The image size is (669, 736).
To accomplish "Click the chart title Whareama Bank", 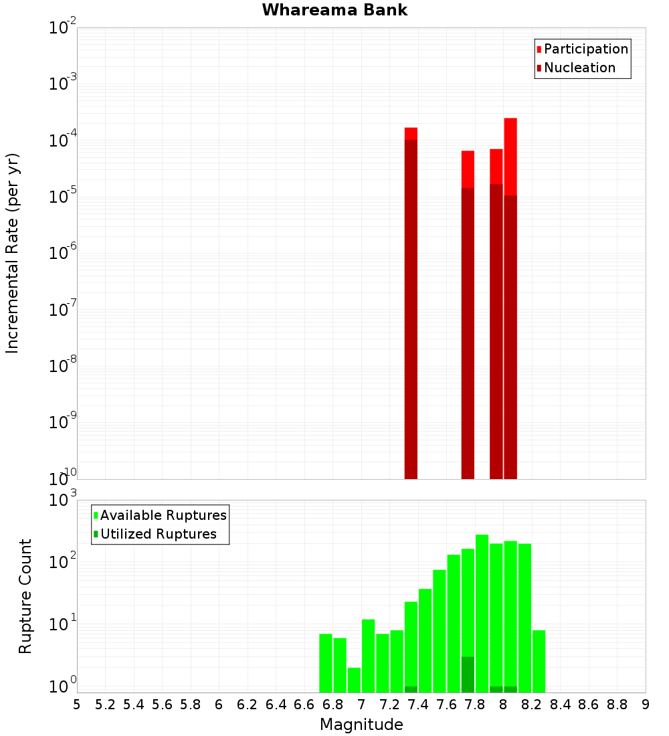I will tap(334, 10).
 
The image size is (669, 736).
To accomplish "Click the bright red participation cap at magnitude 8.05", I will tap(510, 156).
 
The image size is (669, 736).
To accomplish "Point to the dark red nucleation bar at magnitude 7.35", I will tap(411, 308).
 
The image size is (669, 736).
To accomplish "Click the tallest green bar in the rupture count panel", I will tap(482, 612).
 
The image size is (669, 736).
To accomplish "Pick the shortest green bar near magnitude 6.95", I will tap(354, 680).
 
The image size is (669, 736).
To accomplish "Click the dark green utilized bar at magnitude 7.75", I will tap(468, 674).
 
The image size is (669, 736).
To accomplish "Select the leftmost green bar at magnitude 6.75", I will tap(326, 662).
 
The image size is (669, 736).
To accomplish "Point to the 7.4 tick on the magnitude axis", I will tap(418, 705).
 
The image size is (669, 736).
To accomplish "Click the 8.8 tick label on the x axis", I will tap(617, 705).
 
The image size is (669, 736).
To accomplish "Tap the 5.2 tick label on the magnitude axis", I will tap(105, 705).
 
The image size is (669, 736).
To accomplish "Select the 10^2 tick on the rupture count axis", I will tap(63, 561).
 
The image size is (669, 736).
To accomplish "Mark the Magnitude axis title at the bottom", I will tap(361, 725).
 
